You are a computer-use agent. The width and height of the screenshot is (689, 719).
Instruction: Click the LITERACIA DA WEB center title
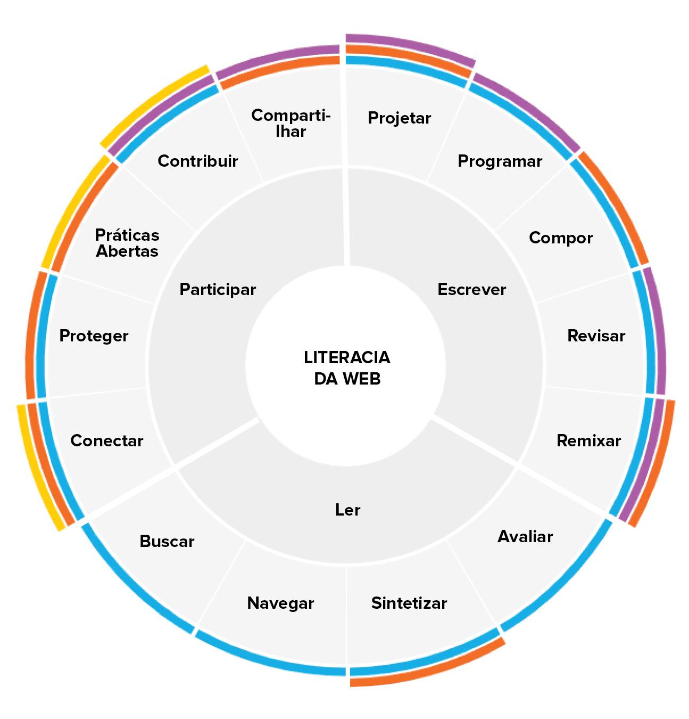point(347,367)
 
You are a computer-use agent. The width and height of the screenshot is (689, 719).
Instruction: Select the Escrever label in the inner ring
point(471,289)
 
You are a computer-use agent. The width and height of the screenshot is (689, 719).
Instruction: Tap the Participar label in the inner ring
point(218,289)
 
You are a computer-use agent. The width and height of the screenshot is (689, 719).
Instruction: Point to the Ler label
point(348,510)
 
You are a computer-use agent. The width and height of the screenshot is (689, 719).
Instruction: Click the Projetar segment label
point(399,118)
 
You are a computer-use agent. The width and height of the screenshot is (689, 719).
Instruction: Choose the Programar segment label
point(500,161)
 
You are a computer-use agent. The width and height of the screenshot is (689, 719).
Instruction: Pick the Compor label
point(560,238)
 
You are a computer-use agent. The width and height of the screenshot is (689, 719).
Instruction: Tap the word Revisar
point(596,336)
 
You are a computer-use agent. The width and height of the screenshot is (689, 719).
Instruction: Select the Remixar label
point(588,440)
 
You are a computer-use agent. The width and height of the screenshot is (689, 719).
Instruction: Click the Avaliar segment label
point(525,536)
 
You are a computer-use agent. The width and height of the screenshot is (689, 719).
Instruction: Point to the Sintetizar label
point(409,603)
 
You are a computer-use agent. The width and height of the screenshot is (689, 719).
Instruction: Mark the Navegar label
point(280,603)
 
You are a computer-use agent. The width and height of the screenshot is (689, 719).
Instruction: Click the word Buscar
point(167,541)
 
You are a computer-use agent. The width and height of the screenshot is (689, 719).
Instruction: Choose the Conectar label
point(106,440)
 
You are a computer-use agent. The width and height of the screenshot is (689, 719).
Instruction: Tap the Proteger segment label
point(94,336)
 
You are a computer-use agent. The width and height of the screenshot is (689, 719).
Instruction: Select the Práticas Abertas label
point(127,243)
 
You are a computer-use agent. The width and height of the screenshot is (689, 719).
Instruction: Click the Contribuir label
point(197,161)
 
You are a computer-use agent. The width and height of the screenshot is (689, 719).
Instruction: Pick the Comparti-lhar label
point(290,123)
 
